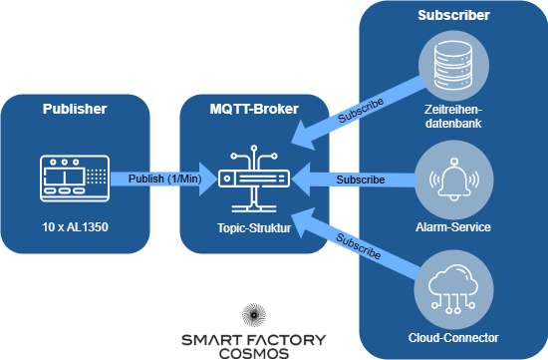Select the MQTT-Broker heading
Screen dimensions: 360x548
click(254, 108)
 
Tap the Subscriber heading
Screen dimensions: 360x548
click(453, 16)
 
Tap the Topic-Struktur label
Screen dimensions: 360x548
click(254, 227)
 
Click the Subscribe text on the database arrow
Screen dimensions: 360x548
click(362, 113)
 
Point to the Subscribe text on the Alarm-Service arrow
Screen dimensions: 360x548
click(360, 180)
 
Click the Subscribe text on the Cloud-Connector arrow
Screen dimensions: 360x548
click(360, 246)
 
